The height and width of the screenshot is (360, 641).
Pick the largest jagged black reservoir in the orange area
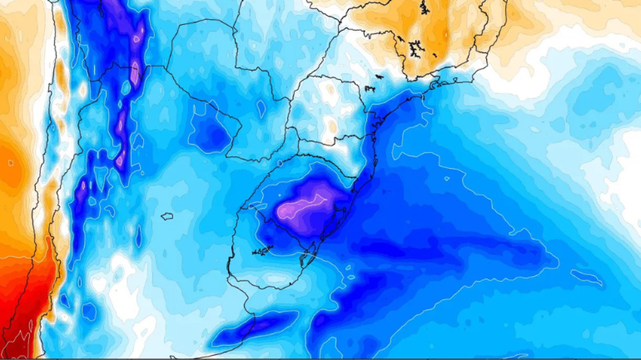pos(415,48)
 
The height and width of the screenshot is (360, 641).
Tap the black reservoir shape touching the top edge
pos(424,8)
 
